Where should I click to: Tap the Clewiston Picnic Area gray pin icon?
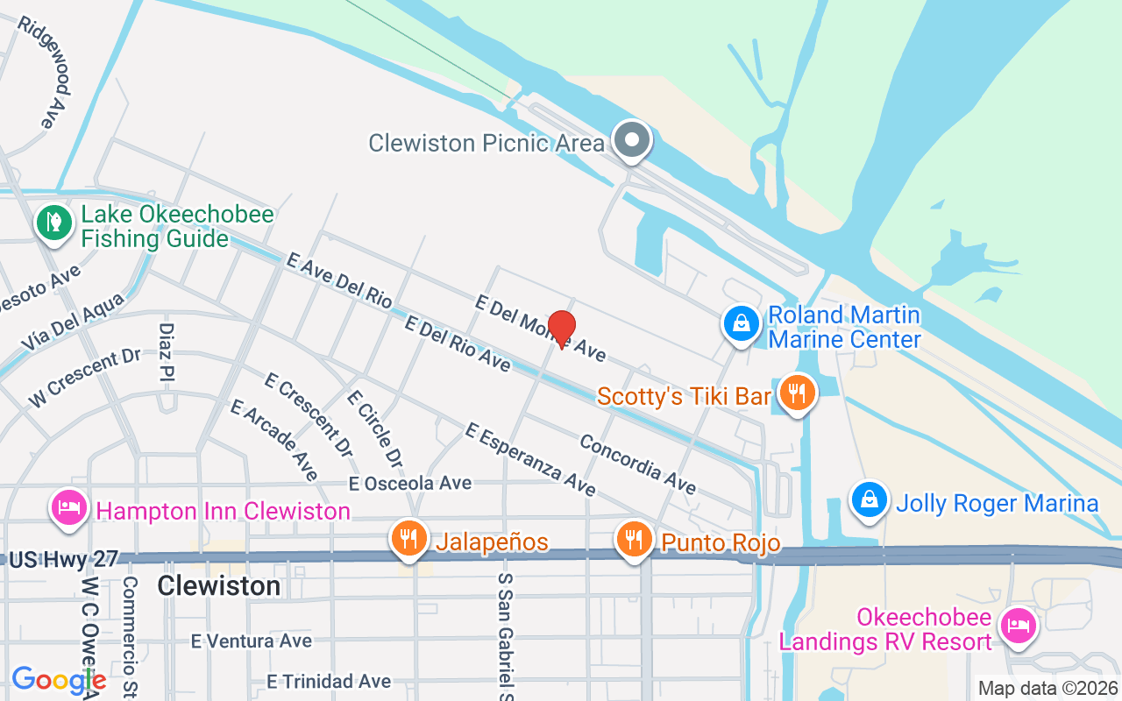pos(632,140)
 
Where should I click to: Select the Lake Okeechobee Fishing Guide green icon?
pos(54,223)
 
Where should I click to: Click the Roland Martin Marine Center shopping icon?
pos(742,323)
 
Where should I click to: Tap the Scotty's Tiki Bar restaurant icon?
pos(796,393)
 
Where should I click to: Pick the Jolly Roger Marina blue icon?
pos(869,500)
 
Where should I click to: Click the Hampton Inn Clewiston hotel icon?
pos(68,507)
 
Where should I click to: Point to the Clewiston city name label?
pos(219,585)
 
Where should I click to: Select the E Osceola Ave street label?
pos(410,484)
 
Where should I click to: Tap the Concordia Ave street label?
pos(637,464)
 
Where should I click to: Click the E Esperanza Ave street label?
pos(530,458)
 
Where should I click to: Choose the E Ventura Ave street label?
pos(252,641)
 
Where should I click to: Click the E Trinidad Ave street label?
pos(330,682)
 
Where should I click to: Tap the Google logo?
pos(59,680)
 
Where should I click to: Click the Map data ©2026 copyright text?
pos(1048,689)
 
